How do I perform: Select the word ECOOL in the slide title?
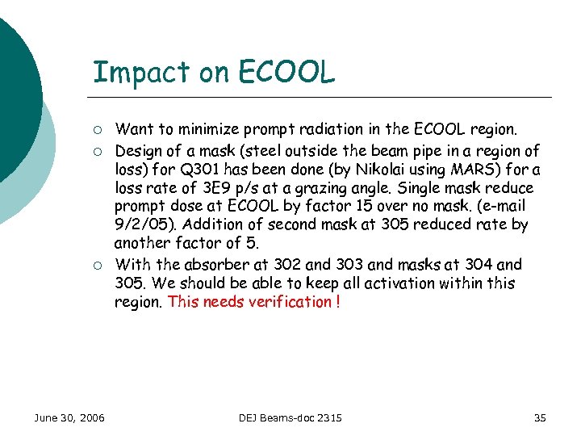(286, 73)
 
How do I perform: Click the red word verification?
(290, 302)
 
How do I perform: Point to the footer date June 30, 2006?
(69, 417)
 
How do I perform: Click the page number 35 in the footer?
(540, 417)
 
